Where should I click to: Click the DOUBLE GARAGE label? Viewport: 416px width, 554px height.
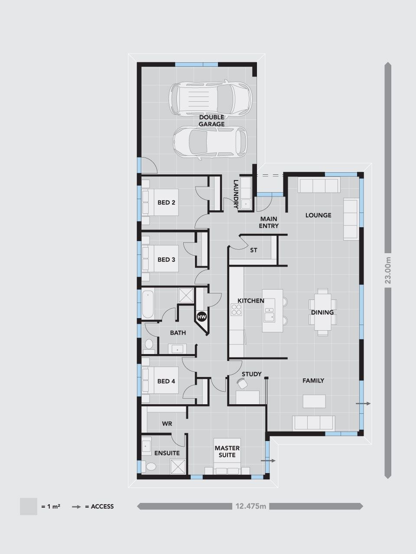coord(211,121)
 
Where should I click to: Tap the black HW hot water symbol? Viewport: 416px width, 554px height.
coord(201,317)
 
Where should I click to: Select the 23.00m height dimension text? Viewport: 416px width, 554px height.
coord(388,271)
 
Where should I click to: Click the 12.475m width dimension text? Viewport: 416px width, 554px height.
coord(250,506)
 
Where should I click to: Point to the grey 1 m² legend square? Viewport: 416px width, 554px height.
coord(29,506)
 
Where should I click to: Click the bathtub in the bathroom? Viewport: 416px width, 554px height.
coord(147,304)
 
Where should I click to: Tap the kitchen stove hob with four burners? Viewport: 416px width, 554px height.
coord(237,309)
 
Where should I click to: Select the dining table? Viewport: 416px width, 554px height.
coord(322,312)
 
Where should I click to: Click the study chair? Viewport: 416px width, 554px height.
coord(241,383)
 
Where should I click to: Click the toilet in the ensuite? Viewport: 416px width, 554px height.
coord(150,467)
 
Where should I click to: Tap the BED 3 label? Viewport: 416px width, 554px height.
coord(166,260)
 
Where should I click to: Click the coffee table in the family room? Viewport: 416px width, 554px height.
coord(314,401)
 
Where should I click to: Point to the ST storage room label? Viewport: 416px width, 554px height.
coord(254,250)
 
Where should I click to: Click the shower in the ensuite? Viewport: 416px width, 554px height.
coord(178,467)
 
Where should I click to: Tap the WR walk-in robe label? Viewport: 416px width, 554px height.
coord(167,424)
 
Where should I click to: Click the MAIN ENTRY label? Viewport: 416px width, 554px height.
coord(269,222)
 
